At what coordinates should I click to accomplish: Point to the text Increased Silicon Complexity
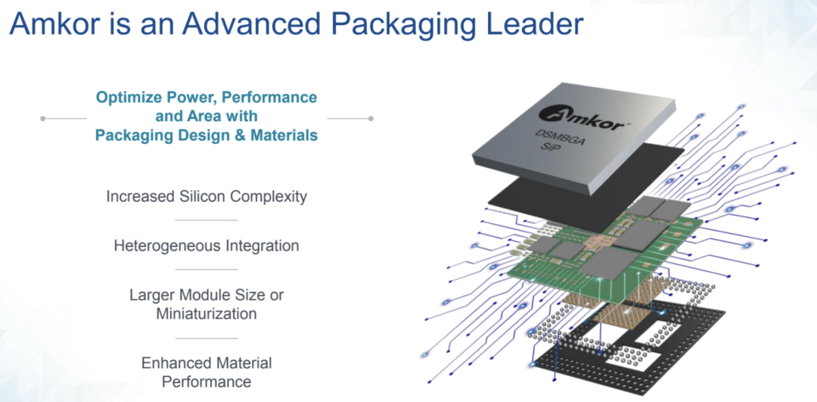click(207, 196)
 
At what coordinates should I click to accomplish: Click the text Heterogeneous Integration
click(207, 246)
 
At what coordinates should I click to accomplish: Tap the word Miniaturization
click(207, 313)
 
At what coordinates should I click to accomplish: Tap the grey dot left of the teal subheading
click(43, 118)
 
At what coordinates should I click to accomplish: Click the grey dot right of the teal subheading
click(371, 118)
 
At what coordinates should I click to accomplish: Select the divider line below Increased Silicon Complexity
click(207, 220)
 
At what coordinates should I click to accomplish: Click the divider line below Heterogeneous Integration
click(207, 270)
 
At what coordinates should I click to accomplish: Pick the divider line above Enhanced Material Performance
click(207, 338)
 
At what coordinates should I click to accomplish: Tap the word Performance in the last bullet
click(207, 381)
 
